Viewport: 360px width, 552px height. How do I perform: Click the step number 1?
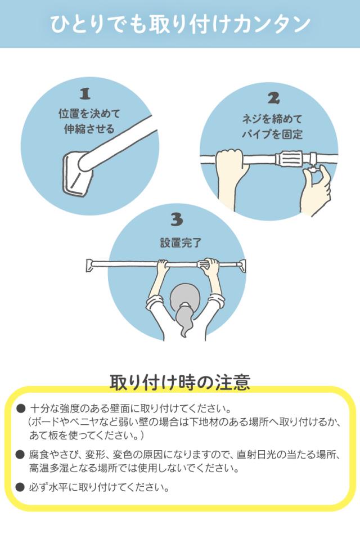[x=85, y=94]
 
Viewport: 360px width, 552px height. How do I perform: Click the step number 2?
[x=273, y=98]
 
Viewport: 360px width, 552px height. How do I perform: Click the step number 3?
[x=177, y=219]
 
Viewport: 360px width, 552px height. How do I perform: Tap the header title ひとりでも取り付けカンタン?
[x=180, y=24]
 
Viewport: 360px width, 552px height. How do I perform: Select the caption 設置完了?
[x=181, y=243]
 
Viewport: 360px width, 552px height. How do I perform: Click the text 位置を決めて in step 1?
[x=89, y=114]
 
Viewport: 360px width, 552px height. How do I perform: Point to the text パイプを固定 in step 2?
[x=272, y=134]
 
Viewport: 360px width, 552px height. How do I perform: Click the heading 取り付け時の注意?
[x=180, y=382]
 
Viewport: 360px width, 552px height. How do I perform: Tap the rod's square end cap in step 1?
[x=76, y=173]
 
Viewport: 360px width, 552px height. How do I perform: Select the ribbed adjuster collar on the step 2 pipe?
[x=289, y=159]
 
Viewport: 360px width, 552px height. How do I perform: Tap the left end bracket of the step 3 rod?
[x=90, y=265]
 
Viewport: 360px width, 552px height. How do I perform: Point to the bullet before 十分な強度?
[x=21, y=409]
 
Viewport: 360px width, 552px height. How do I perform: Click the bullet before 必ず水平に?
[x=20, y=487]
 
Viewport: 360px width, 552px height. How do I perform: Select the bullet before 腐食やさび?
[x=20, y=455]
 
